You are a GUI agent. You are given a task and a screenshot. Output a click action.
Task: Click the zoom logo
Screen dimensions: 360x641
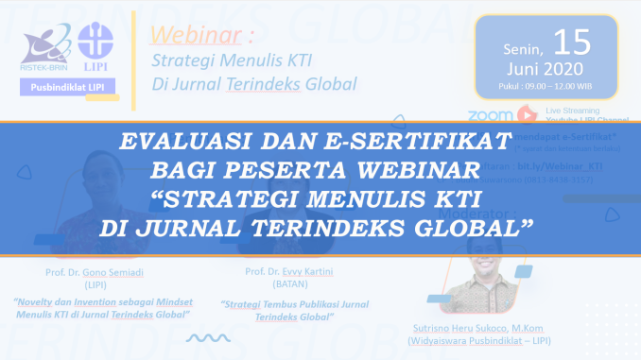[x=490, y=114]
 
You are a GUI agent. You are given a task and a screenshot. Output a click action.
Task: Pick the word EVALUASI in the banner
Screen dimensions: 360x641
[x=182, y=145]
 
